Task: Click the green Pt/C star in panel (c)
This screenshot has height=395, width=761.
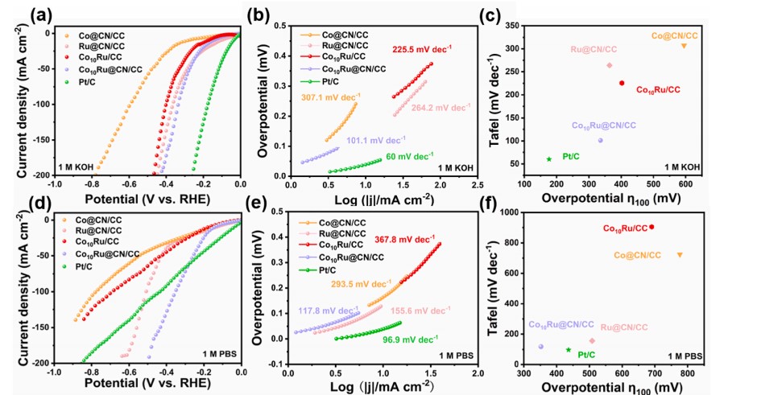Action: point(549,158)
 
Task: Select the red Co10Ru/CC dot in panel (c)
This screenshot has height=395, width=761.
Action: point(622,83)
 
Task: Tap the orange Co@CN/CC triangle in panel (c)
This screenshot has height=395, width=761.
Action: point(684,46)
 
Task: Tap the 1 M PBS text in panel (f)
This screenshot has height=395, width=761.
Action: point(685,356)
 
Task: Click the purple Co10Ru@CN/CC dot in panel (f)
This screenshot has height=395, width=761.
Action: point(540,347)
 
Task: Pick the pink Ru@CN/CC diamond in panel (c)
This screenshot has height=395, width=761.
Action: point(610,65)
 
